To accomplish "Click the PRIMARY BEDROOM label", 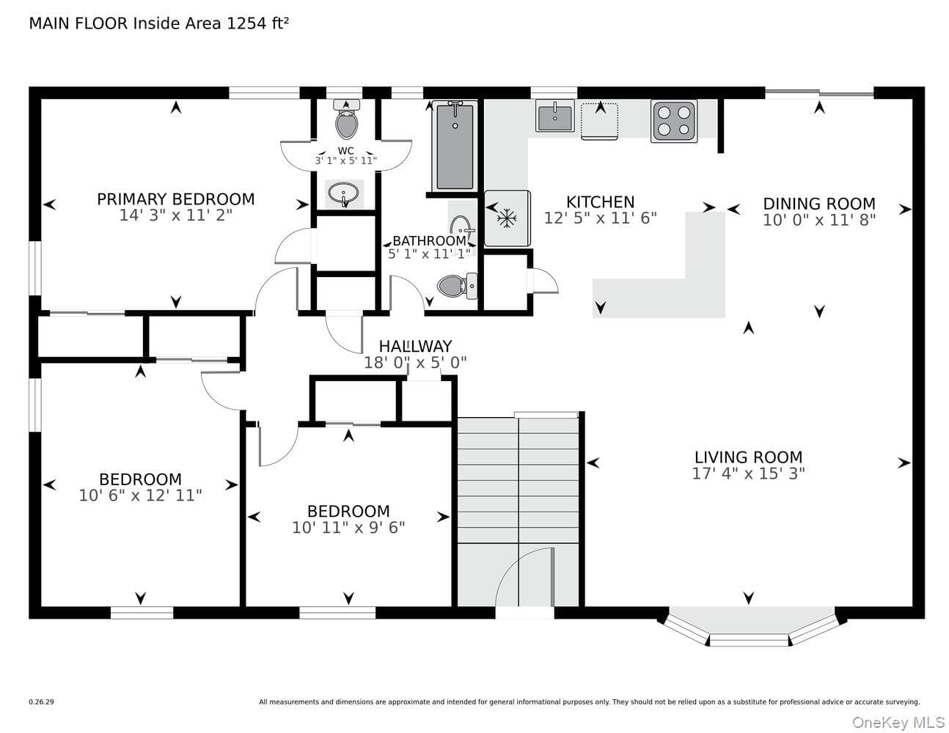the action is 175,199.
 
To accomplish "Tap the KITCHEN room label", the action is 600,202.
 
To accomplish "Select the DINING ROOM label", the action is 819,204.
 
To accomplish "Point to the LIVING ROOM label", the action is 749,457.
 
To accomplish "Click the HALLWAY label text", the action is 415,347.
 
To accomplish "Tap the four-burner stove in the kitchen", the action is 674,121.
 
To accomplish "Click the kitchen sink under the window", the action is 555,116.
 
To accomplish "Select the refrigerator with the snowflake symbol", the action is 507,218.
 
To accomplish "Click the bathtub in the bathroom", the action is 455,146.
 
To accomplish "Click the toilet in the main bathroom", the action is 457,286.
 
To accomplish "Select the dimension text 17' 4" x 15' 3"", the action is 749,474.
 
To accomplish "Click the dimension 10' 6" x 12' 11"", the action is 140,496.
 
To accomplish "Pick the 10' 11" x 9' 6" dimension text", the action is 348,528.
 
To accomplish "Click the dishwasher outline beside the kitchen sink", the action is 600,121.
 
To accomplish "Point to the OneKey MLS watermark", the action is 899,723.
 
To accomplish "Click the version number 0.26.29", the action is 42,702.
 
